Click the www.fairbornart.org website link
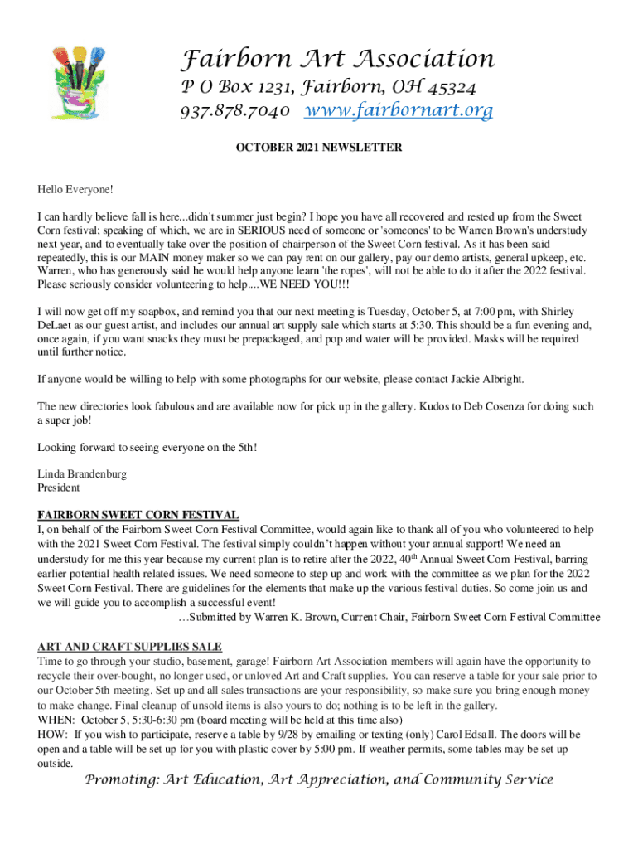[399, 110]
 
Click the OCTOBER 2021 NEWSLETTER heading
[319, 148]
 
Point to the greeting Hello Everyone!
[75, 190]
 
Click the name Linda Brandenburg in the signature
[85, 473]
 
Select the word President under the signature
[59, 488]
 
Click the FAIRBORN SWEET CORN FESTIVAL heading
[138, 515]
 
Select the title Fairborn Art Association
[338, 60]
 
